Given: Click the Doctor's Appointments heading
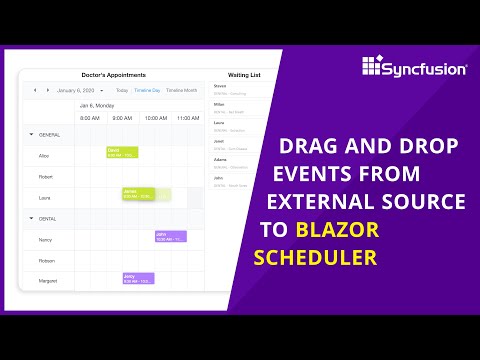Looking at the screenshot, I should click(x=113, y=75).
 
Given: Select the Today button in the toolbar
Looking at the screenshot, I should click(x=121, y=90).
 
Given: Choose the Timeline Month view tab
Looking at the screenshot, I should click(x=182, y=90).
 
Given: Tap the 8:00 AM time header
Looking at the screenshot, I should click(x=90, y=118).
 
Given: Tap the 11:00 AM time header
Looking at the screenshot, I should click(x=186, y=118).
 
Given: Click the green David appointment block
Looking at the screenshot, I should click(x=122, y=152).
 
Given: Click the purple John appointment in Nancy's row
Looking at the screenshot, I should click(x=170, y=237).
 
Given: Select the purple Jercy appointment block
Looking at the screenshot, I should click(x=137, y=278).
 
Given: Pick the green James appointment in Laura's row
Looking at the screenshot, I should click(x=137, y=194).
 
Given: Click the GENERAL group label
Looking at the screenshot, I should click(x=50, y=133).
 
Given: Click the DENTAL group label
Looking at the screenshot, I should click(x=48, y=217).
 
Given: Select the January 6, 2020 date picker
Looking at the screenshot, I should click(x=78, y=90).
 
